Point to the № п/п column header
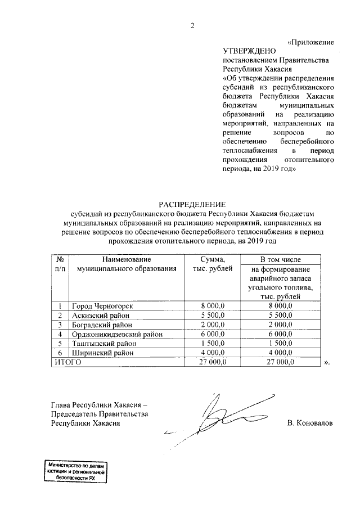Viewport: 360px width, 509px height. tap(60, 264)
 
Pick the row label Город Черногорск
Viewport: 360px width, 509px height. tap(102, 305)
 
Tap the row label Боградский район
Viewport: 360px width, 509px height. tap(102, 325)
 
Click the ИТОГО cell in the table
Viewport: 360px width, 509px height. tap(68, 363)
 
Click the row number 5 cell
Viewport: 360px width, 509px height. tap(60, 344)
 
